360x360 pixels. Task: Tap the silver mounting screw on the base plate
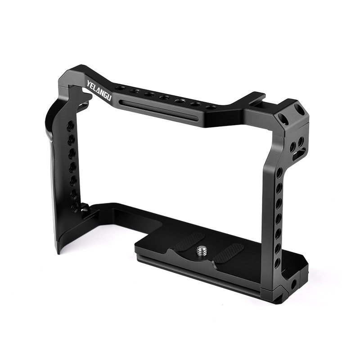201,250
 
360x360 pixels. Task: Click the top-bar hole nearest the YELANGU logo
120,88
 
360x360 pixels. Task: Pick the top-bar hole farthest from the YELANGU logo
208,108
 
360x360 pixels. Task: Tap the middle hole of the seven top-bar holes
164,98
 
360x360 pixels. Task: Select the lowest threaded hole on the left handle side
74,207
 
